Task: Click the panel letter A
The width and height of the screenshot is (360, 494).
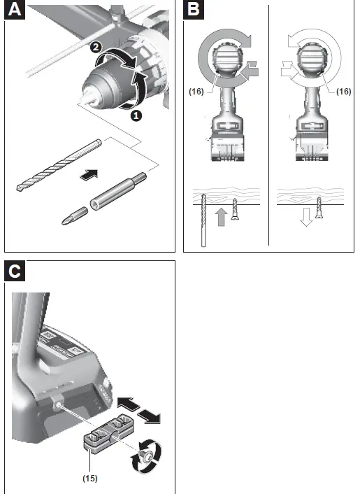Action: (16, 12)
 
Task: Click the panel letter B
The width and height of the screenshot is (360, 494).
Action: (194, 12)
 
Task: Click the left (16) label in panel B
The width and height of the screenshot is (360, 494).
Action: (198, 91)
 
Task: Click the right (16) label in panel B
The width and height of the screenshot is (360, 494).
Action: (343, 91)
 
